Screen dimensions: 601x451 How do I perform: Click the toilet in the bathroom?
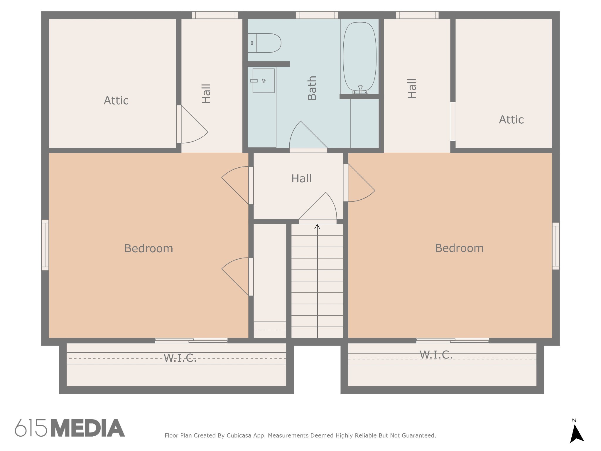click(264, 43)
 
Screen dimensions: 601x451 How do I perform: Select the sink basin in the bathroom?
click(263, 81)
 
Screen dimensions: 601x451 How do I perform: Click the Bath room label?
click(312, 88)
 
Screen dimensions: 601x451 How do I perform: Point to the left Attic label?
click(116, 101)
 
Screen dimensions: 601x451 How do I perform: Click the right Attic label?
click(511, 120)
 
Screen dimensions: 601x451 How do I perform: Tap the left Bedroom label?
click(148, 248)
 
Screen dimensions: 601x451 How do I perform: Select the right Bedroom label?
click(459, 248)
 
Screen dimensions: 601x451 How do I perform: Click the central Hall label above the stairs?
click(301, 179)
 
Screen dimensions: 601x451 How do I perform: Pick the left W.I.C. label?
click(180, 358)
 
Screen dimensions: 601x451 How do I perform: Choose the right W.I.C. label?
click(436, 355)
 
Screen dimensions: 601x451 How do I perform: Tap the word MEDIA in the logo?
click(88, 428)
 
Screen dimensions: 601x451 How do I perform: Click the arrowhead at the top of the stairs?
click(317, 227)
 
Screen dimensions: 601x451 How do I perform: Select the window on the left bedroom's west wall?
click(45, 245)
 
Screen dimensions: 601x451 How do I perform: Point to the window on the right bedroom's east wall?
click(556, 246)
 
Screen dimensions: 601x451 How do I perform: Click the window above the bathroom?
click(317, 15)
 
